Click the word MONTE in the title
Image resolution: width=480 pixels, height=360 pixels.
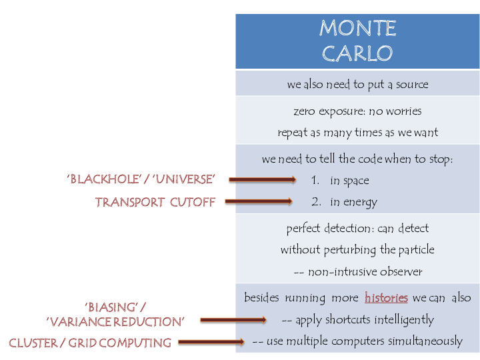(x=357, y=28)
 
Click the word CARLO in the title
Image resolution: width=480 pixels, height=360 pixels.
(x=357, y=53)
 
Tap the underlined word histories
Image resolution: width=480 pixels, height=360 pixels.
(x=386, y=297)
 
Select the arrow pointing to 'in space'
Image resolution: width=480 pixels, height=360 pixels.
(x=263, y=179)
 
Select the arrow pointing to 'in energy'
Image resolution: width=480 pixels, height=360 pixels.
(x=259, y=201)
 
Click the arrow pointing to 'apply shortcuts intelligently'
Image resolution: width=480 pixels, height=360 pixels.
(x=233, y=320)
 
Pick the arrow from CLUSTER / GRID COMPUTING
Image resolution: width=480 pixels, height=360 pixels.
(x=211, y=341)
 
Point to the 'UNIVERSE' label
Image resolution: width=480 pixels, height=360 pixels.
(x=184, y=179)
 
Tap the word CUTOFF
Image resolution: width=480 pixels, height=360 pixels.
(x=193, y=203)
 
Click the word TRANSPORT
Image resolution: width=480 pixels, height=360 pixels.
(x=130, y=203)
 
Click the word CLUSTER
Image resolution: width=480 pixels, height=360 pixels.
(x=33, y=343)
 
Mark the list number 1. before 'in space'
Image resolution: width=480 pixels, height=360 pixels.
(x=315, y=180)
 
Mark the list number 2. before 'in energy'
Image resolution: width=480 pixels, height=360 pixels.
(x=316, y=201)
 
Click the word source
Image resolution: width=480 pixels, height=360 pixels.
(x=412, y=84)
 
